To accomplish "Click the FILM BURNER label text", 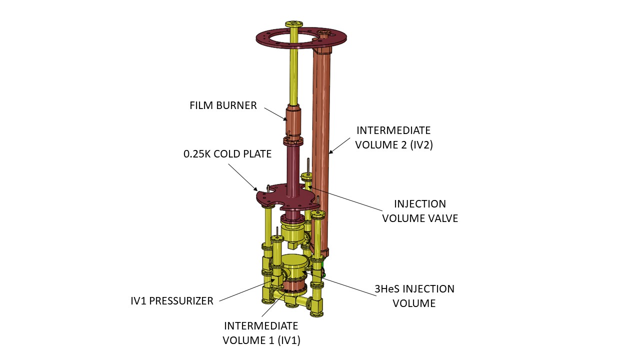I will [223, 105].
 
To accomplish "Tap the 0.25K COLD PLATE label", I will [227, 154].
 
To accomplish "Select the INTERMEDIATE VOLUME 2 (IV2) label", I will [393, 138].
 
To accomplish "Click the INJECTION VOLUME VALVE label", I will [420, 211].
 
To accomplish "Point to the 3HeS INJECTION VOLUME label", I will [414, 296].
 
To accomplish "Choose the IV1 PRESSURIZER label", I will [172, 301].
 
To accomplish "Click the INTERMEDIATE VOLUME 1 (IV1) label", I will [261, 333].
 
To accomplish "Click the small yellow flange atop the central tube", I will [293, 24].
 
